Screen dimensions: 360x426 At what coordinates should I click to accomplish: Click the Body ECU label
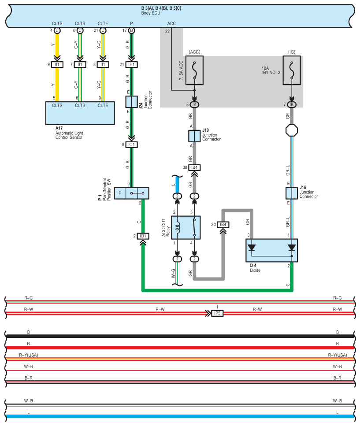point(151,13)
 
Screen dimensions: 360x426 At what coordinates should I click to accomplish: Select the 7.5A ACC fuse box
point(194,70)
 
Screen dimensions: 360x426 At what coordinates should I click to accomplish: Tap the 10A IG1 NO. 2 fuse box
point(292,70)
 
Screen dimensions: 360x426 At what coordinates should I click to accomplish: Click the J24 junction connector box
point(131,102)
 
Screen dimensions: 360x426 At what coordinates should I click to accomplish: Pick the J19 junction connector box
point(194,136)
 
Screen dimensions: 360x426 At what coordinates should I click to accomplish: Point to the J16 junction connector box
point(292,193)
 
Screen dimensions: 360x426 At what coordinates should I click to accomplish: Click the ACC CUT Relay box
point(186,228)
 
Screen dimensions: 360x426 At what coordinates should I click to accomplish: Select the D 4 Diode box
point(272,251)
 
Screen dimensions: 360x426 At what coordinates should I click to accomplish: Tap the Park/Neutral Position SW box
point(131,193)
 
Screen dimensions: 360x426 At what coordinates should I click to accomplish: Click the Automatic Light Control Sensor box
point(80,113)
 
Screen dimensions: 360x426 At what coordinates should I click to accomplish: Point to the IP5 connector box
point(217,313)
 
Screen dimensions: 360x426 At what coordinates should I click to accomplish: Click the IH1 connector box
point(131,65)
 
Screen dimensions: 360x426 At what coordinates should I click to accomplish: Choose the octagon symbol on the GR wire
point(292,130)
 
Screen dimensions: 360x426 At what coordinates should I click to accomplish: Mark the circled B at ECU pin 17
point(131,30)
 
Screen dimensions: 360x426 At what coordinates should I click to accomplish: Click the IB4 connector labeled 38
point(194,168)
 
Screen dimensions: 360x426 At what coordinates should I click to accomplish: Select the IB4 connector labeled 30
point(223,225)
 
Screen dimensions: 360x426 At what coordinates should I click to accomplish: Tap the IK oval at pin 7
point(292,104)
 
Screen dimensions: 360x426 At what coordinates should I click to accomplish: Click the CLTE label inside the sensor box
point(103,105)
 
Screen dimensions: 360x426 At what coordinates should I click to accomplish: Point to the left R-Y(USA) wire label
point(29,355)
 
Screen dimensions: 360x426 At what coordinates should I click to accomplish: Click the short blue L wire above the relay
point(177,185)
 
